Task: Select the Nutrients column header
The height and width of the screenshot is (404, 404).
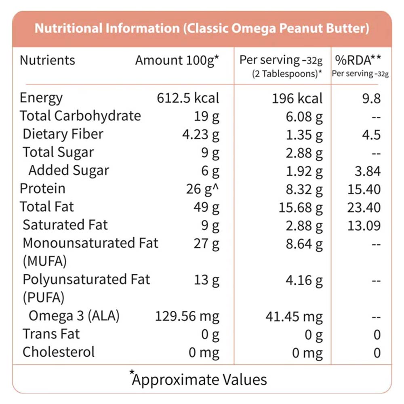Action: click(47, 60)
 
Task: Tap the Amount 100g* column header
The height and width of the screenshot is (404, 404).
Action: click(177, 60)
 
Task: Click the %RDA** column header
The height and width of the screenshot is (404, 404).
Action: click(358, 60)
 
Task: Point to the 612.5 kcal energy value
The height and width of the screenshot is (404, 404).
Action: click(188, 98)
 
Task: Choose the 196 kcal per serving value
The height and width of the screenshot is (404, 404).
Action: click(297, 98)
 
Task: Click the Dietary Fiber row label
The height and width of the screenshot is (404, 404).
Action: click(63, 134)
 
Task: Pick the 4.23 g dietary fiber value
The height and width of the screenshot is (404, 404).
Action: click(200, 135)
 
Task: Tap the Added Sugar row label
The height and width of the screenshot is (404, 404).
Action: click(69, 170)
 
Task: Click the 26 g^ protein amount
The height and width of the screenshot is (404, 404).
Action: click(202, 189)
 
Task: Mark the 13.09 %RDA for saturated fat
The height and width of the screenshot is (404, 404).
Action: click(364, 225)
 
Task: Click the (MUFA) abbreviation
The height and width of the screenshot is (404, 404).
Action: click(44, 261)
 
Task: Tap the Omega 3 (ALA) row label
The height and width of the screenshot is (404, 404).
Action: click(74, 316)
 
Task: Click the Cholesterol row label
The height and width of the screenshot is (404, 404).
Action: click(59, 352)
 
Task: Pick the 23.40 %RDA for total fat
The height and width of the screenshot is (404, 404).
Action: click(364, 207)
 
